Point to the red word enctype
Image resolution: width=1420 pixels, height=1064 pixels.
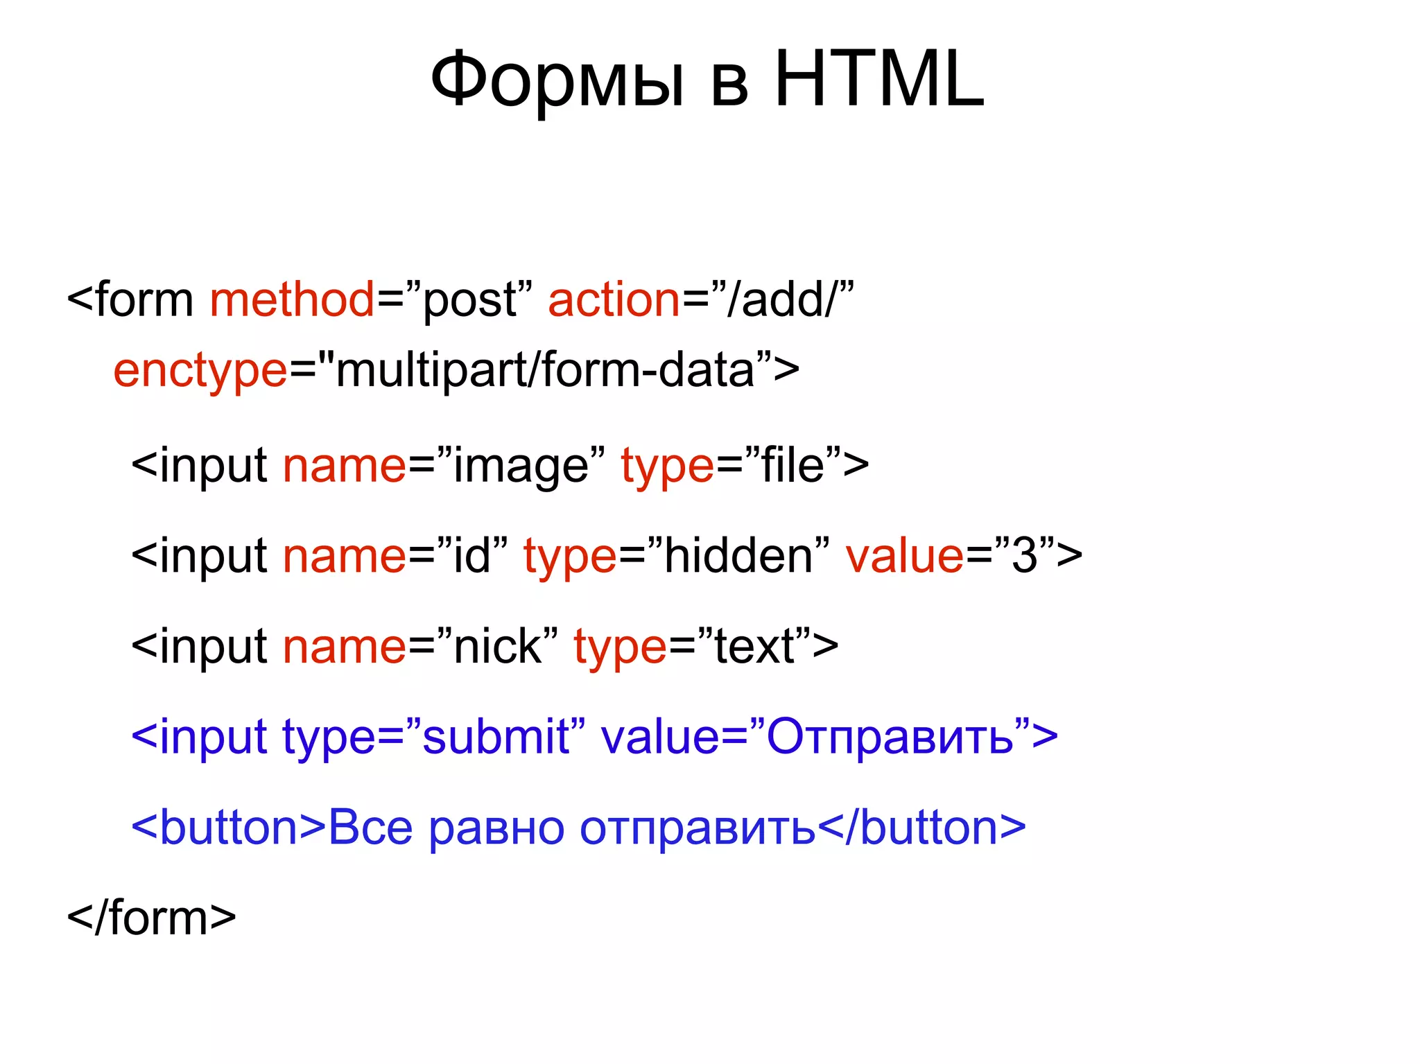pos(200,370)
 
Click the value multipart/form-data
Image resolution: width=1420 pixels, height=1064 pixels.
pos(544,370)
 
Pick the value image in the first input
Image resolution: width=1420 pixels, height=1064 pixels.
pos(521,466)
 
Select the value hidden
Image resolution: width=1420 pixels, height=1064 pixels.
pos(738,556)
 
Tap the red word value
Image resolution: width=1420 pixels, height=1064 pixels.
pos(904,556)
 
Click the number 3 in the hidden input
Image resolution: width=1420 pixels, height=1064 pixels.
pos(1025,556)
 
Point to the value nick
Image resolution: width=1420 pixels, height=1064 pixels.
pos(497,646)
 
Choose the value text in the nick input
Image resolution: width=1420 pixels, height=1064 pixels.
pos(754,646)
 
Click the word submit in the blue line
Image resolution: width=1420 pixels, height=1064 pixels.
pos(496,736)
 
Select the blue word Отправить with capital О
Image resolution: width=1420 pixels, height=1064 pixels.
pos(890,736)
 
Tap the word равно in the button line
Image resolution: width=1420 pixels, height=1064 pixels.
pos(496,828)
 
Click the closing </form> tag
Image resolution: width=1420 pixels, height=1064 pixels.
pos(152,918)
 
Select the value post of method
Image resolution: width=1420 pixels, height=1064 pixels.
pos(469,301)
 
